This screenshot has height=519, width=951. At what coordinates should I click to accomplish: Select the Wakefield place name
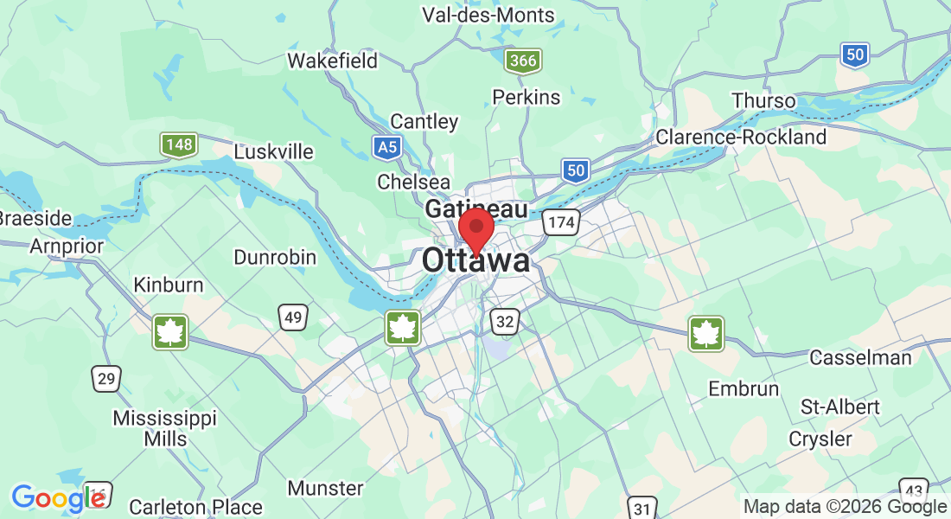pyautogui.click(x=333, y=61)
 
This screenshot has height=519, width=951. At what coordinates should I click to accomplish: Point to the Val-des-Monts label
pyautogui.click(x=488, y=15)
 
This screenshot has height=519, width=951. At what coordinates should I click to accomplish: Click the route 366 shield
pyautogui.click(x=523, y=61)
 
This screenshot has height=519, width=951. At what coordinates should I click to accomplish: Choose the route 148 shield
pyautogui.click(x=179, y=144)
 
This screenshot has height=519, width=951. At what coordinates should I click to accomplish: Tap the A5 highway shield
pyautogui.click(x=387, y=147)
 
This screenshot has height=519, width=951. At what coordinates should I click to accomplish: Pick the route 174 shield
pyautogui.click(x=560, y=223)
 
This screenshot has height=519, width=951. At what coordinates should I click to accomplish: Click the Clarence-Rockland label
pyautogui.click(x=741, y=137)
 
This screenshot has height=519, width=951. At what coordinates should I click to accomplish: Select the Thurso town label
pyautogui.click(x=763, y=100)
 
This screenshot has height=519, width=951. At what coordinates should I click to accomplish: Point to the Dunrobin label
pyautogui.click(x=275, y=258)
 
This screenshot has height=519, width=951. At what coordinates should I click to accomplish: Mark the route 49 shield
pyautogui.click(x=293, y=317)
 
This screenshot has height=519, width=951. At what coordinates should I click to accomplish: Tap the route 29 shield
pyautogui.click(x=106, y=378)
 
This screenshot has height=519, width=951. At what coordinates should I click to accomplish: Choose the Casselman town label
pyautogui.click(x=860, y=357)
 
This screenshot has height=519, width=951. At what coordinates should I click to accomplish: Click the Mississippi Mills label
pyautogui.click(x=165, y=428)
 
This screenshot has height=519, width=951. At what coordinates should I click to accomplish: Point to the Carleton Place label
pyautogui.click(x=195, y=507)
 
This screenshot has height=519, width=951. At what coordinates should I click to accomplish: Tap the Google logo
pyautogui.click(x=57, y=498)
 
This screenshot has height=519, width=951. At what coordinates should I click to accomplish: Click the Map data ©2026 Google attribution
pyautogui.click(x=845, y=507)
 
